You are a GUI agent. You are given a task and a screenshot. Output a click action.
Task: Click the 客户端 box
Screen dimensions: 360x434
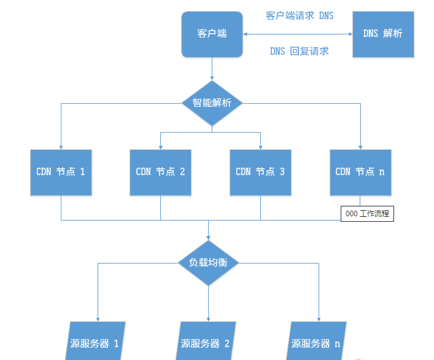click(212, 34)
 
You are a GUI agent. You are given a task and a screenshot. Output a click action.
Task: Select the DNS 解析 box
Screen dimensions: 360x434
click(382, 34)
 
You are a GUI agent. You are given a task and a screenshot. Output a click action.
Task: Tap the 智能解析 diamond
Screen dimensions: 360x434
click(212, 103)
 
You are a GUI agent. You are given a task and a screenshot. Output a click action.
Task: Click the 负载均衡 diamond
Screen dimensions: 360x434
click(209, 262)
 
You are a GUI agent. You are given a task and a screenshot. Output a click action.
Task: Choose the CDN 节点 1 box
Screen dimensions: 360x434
click(61, 172)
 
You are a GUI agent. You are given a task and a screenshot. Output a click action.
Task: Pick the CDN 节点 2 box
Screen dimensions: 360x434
click(160, 172)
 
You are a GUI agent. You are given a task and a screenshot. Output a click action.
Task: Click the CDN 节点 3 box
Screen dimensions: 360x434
click(260, 172)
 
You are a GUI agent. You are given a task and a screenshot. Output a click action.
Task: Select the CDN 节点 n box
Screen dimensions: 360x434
click(360, 172)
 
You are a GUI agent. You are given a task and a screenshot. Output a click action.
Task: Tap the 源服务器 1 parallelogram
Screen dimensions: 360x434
click(95, 342)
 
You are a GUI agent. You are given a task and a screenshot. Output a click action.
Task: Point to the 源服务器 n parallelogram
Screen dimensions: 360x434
click(317, 342)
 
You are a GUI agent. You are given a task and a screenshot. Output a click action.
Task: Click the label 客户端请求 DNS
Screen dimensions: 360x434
click(300, 15)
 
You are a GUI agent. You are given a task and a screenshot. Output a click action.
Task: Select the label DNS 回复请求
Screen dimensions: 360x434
click(300, 51)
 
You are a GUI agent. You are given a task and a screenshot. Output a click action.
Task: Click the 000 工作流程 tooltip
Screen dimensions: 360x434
click(368, 214)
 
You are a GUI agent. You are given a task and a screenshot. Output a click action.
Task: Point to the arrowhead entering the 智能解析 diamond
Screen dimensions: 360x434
click(212, 78)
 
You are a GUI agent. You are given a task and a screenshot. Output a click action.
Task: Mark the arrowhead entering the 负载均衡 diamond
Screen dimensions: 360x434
click(209, 237)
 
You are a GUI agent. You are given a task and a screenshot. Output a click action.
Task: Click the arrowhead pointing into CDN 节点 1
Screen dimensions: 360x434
click(61, 146)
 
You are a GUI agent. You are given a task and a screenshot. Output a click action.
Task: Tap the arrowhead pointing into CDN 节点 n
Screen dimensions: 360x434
click(360, 146)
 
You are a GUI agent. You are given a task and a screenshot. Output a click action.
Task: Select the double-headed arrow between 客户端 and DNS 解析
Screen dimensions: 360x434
click(298, 34)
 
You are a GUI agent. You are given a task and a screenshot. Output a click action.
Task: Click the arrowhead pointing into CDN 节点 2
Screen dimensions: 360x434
click(160, 146)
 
